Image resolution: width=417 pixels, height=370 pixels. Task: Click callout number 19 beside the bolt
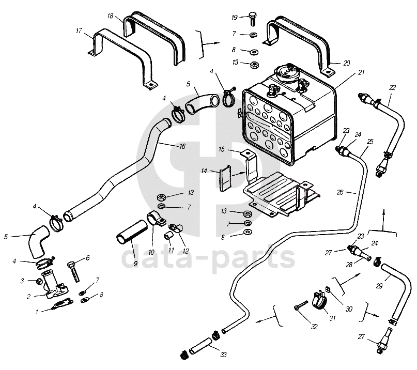pyautogui.click(x=234, y=18)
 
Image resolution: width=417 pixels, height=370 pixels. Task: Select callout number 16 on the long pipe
pyautogui.click(x=182, y=146)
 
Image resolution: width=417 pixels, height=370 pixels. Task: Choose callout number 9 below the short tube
pyautogui.click(x=135, y=264)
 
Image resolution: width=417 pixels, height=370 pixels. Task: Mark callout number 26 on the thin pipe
pyautogui.click(x=339, y=192)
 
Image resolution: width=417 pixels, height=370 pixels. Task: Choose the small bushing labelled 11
pyautogui.click(x=168, y=236)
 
